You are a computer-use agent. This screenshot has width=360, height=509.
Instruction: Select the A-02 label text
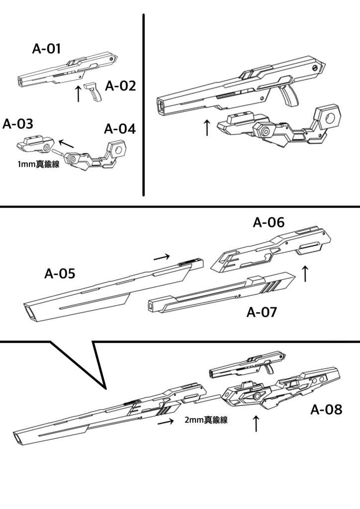[120, 86]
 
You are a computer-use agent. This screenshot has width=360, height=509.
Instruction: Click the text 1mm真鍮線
[38, 165]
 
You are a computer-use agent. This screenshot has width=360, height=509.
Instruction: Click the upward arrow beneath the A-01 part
[78, 93]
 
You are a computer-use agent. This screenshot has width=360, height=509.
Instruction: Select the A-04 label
[119, 129]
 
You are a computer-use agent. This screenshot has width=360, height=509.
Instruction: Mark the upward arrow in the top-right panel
[207, 127]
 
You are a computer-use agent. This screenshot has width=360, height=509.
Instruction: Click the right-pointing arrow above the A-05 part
[162, 257]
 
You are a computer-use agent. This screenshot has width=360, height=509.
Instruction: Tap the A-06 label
[269, 223]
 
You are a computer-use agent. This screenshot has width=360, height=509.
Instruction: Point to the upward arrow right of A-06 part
[305, 273]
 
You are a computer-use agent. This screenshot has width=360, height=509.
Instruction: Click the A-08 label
[326, 410]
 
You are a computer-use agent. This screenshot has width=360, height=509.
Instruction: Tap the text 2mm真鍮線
[206, 420]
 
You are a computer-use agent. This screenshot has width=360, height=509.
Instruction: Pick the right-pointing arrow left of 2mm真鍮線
[166, 422]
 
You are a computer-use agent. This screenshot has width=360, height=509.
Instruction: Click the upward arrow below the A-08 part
[256, 424]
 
